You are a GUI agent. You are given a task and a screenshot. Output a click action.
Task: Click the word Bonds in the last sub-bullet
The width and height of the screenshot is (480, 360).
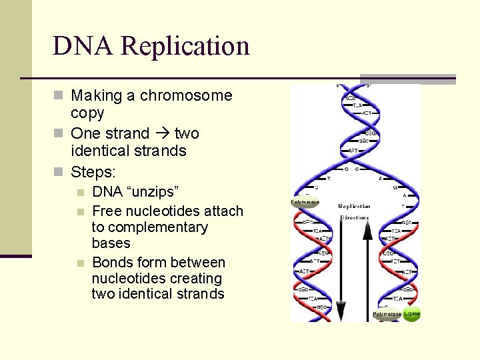click(x=113, y=263)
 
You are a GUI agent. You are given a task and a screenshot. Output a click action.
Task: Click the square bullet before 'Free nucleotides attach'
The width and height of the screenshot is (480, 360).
click(x=81, y=212)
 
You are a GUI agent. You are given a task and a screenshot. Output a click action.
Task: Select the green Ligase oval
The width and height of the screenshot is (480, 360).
click(x=412, y=313)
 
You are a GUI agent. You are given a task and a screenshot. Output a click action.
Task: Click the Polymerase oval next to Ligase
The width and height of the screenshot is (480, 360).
click(x=387, y=314)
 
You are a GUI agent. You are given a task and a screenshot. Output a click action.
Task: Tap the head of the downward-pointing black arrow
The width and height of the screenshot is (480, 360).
click(x=341, y=311)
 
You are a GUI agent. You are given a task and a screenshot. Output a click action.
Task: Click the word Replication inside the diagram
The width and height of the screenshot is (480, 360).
click(x=354, y=207)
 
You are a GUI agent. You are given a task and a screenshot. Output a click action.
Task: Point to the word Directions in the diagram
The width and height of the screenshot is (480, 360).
click(x=354, y=217)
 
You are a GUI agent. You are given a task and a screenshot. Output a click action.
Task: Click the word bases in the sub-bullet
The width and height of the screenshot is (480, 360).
click(x=111, y=243)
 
